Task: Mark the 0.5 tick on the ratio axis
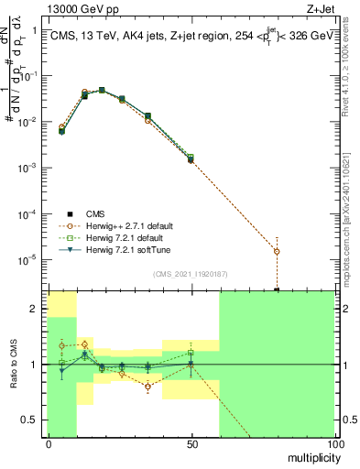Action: (35, 420)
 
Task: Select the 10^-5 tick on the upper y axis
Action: (31, 259)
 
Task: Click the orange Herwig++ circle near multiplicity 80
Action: (277, 251)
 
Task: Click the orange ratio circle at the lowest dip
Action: (147, 387)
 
